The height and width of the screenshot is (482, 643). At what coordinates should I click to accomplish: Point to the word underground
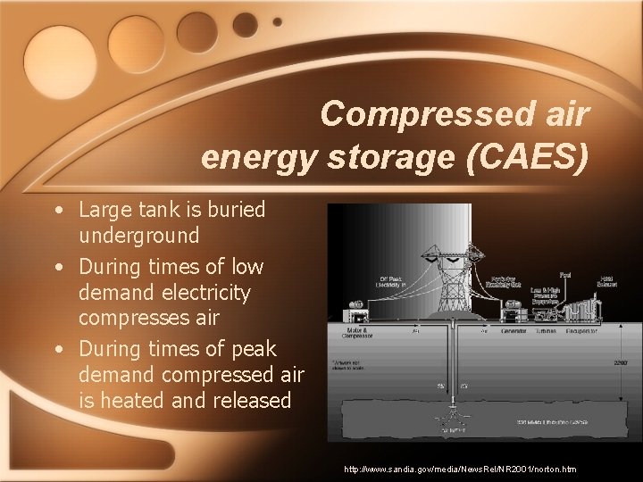click(x=138, y=236)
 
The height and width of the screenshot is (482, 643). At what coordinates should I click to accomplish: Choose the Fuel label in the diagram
click(x=565, y=274)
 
